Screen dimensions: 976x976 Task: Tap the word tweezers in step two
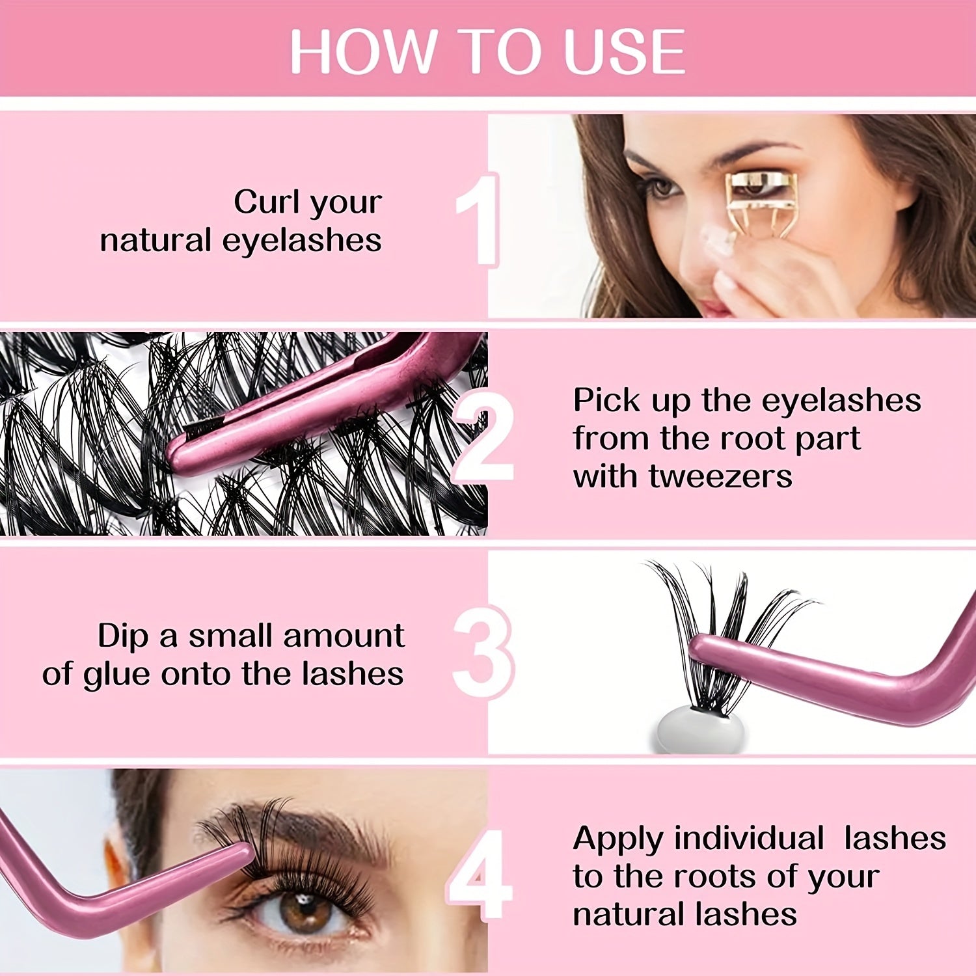pos(720,476)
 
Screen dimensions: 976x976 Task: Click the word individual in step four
pos(749,838)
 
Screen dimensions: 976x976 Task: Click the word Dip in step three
pos(124,636)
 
